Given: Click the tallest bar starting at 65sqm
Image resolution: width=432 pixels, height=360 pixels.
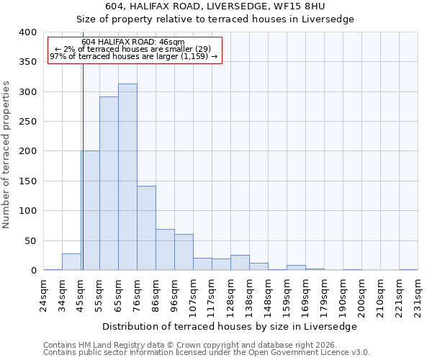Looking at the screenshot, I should coord(127,177).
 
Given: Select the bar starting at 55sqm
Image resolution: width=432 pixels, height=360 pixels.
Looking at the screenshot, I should coord(109,184).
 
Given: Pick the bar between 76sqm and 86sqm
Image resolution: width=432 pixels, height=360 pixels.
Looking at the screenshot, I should coord(146,228).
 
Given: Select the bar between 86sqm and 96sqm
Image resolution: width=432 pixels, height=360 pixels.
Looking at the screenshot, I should coord(165,250).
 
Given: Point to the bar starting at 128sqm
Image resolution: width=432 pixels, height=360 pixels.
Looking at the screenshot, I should coord(240,263).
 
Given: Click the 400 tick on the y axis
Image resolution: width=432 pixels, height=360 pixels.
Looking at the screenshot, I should coord(27,32).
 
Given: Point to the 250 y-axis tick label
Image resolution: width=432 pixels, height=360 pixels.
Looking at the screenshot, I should coord(27,122).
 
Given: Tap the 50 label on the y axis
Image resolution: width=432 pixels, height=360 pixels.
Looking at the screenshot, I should coord(30,240).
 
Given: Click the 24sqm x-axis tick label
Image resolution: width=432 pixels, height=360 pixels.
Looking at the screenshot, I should coord(44,293).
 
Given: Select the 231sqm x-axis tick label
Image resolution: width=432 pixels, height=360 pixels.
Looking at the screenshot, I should coord(418,293).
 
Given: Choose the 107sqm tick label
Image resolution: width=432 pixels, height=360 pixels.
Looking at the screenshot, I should coord(194,293).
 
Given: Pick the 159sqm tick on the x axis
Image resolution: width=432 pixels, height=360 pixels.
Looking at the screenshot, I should coord(287,293).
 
